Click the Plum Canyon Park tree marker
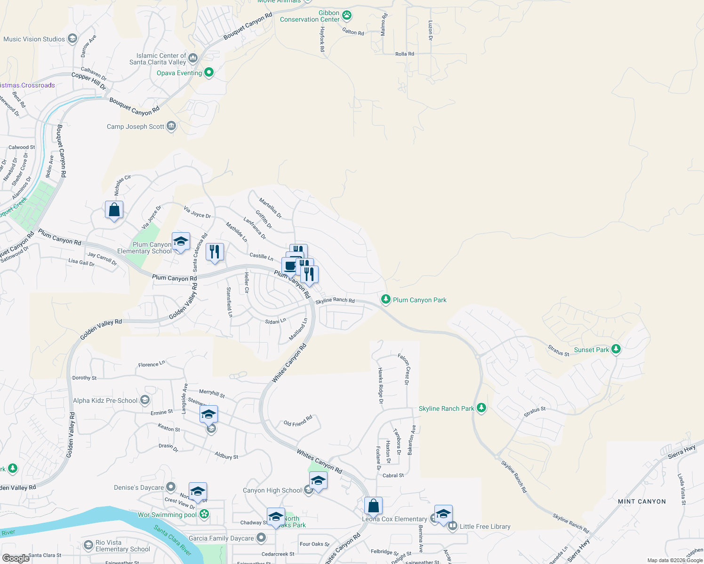[x=385, y=299]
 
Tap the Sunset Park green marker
[x=616, y=349]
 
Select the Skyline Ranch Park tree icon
[x=481, y=408]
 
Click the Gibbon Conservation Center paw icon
[x=347, y=16]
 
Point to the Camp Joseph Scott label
[x=136, y=126]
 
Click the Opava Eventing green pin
[x=209, y=72]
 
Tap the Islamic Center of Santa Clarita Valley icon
[x=193, y=59]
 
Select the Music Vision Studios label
[x=34, y=39]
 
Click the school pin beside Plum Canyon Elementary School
[x=181, y=242]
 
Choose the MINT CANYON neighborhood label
[x=641, y=501]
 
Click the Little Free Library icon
[x=453, y=526]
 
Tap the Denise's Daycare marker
[x=171, y=487]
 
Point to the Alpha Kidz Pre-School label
[x=105, y=400]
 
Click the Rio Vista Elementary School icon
[x=88, y=545]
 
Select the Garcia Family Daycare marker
[x=261, y=538]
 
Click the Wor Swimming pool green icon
[x=204, y=514]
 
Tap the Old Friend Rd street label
[x=298, y=421]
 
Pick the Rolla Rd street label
[x=405, y=54]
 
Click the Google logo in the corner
[x=16, y=558]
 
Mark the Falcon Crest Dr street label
[x=404, y=369]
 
